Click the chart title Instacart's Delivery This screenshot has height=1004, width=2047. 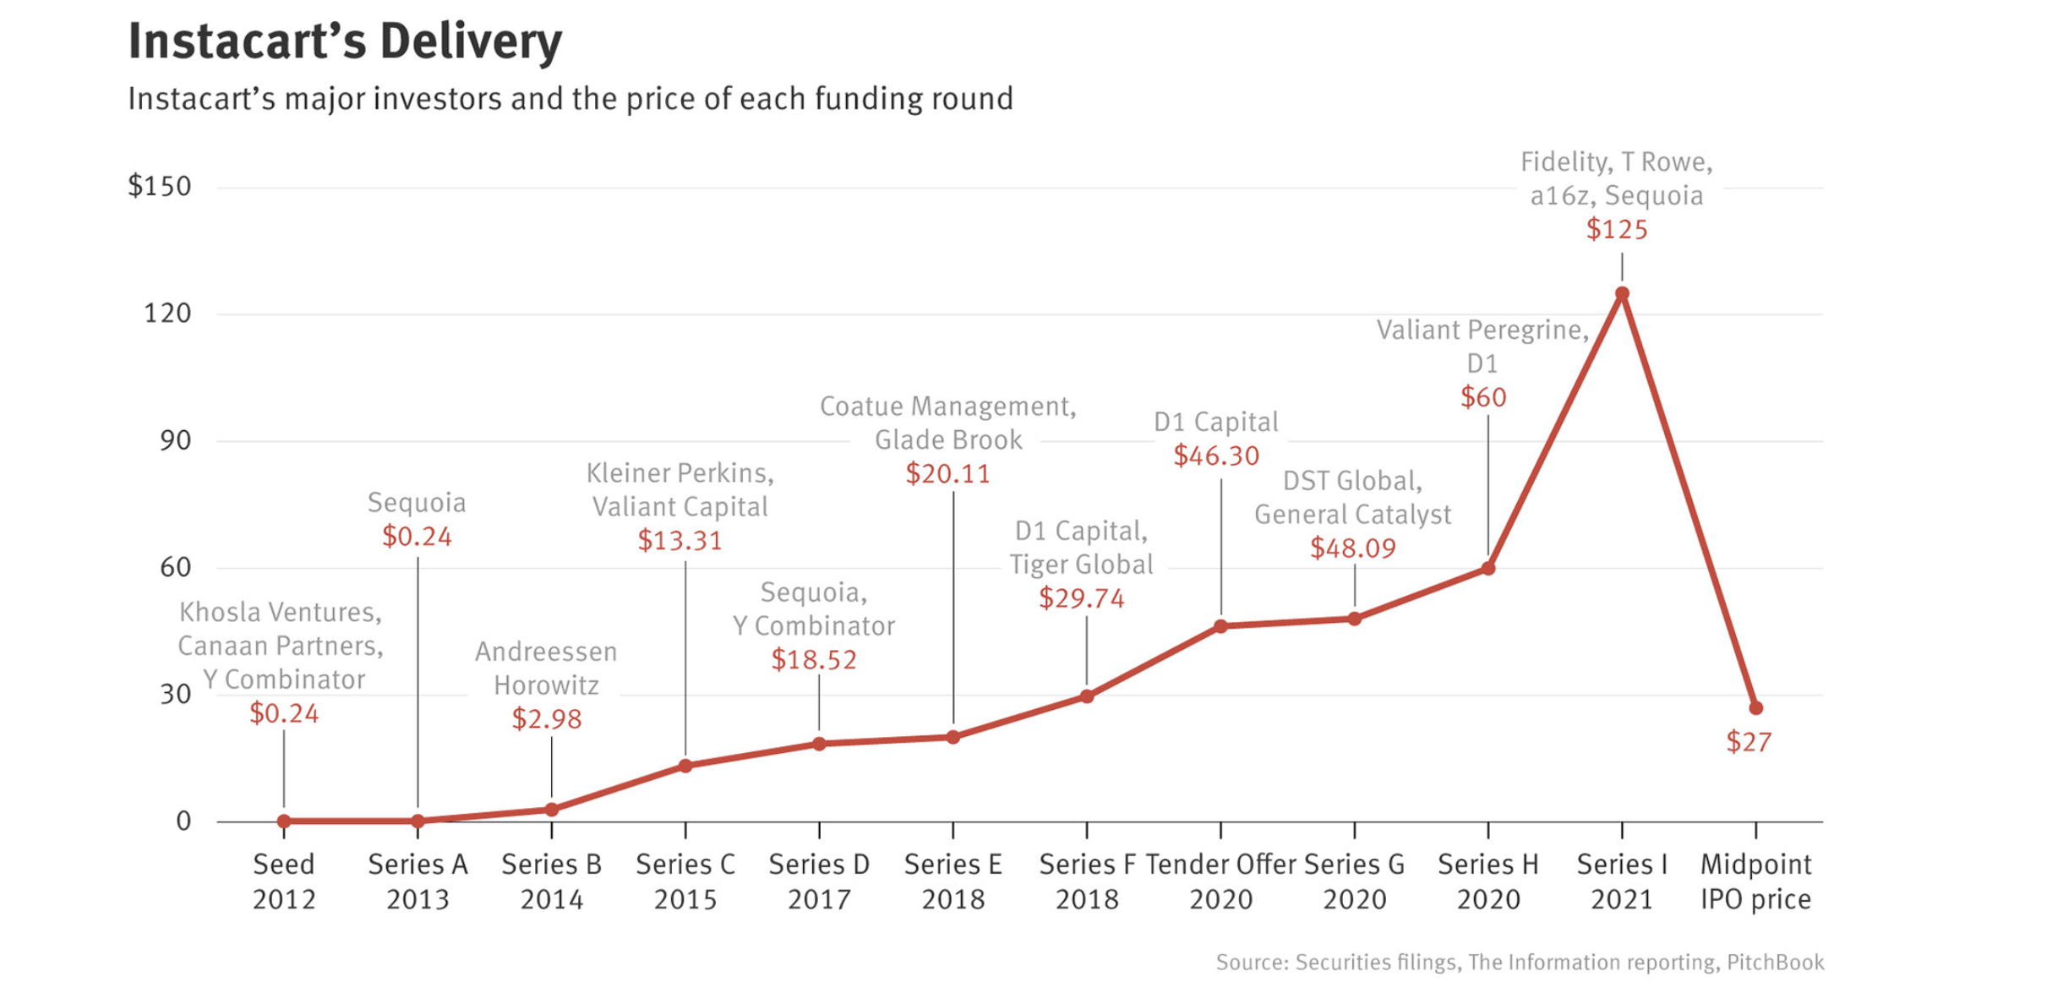click(345, 41)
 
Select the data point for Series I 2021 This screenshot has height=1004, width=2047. click(1622, 294)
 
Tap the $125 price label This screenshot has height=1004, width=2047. click(1617, 229)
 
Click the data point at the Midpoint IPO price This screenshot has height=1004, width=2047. click(1755, 708)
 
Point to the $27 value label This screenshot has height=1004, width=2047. click(1749, 742)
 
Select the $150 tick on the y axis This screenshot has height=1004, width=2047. click(160, 186)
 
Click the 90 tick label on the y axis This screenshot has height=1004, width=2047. click(175, 440)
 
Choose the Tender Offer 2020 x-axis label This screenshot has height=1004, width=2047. click(1220, 881)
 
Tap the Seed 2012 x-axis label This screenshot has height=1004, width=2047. click(284, 881)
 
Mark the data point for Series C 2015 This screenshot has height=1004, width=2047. click(685, 766)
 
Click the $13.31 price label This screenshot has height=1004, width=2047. click(680, 540)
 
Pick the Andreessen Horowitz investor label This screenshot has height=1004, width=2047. click(546, 668)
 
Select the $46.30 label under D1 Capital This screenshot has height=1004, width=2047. click(1216, 456)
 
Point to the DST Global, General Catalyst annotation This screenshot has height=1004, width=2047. click(1352, 497)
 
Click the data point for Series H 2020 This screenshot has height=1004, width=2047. click(1488, 569)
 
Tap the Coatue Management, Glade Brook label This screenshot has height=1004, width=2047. click(948, 423)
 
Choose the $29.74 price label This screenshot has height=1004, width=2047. click(1082, 598)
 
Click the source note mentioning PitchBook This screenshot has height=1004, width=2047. click(1520, 963)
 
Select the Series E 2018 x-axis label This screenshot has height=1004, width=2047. click(953, 881)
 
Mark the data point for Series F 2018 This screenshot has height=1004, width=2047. click(1087, 696)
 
